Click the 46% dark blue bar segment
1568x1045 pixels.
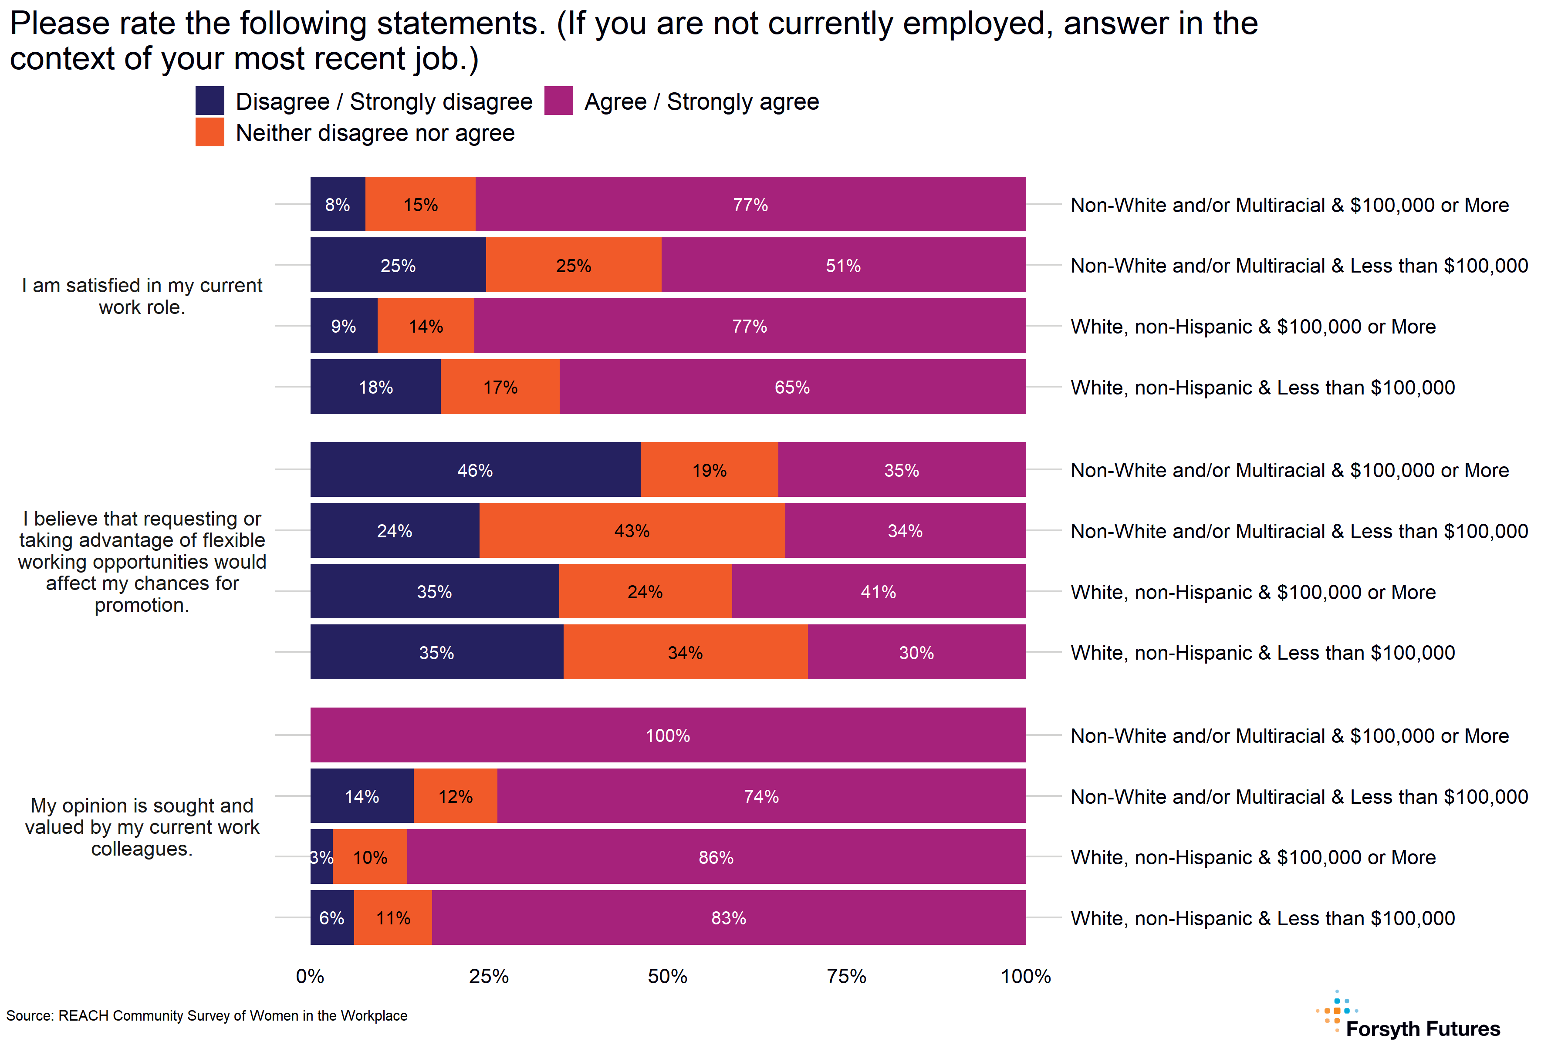[x=475, y=470]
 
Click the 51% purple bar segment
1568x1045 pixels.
[x=843, y=265]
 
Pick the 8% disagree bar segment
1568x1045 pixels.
[x=337, y=205]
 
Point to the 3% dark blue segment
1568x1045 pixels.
[x=321, y=857]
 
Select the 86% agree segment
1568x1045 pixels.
[x=716, y=857]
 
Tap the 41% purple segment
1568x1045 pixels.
[x=879, y=592]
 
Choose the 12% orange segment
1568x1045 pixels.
[x=455, y=796]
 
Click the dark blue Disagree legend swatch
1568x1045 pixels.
[x=210, y=101]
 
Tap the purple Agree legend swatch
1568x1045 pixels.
[x=559, y=101]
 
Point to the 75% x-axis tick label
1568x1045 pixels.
[x=847, y=976]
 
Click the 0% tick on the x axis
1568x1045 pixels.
[x=310, y=976]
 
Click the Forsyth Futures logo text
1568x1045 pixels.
[x=1423, y=1028]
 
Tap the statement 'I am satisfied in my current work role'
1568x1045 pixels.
[x=142, y=296]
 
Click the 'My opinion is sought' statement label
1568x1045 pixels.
[x=142, y=827]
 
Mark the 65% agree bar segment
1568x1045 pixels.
[x=792, y=387]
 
